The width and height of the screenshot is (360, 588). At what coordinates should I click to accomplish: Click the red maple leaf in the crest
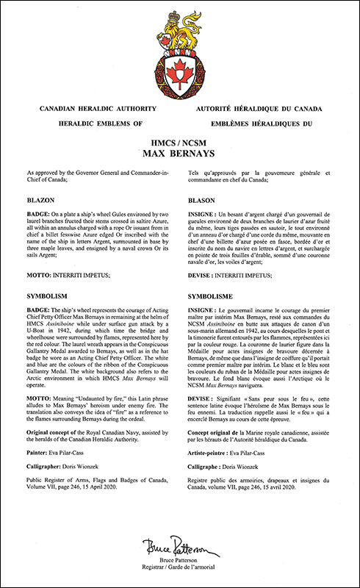180,73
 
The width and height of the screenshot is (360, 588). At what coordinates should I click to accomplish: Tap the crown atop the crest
180,17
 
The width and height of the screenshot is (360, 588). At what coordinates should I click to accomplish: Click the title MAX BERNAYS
179,155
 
